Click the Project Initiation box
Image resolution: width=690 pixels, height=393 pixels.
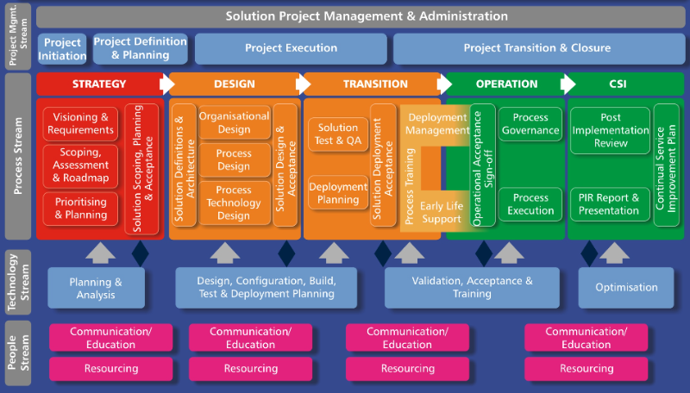(x=62, y=49)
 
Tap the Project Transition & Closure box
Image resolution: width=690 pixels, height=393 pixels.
(x=536, y=48)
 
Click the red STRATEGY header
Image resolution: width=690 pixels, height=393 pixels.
(x=99, y=84)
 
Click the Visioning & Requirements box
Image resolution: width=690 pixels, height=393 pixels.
(x=81, y=123)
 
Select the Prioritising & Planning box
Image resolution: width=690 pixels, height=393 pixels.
(x=81, y=209)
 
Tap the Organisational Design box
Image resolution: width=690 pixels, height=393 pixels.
(x=235, y=122)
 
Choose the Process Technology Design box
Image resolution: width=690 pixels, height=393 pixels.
(x=235, y=203)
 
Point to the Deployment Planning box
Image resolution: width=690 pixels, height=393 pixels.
(x=338, y=192)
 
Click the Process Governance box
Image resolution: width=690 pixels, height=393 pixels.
(x=530, y=123)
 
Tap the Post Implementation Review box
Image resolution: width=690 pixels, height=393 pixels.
(x=611, y=130)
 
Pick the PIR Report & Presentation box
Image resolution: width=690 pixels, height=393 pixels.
(x=611, y=204)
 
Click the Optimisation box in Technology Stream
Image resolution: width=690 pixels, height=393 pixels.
(x=626, y=288)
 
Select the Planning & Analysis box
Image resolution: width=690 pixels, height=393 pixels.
(x=96, y=288)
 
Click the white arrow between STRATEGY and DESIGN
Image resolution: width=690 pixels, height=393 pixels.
(x=167, y=84)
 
